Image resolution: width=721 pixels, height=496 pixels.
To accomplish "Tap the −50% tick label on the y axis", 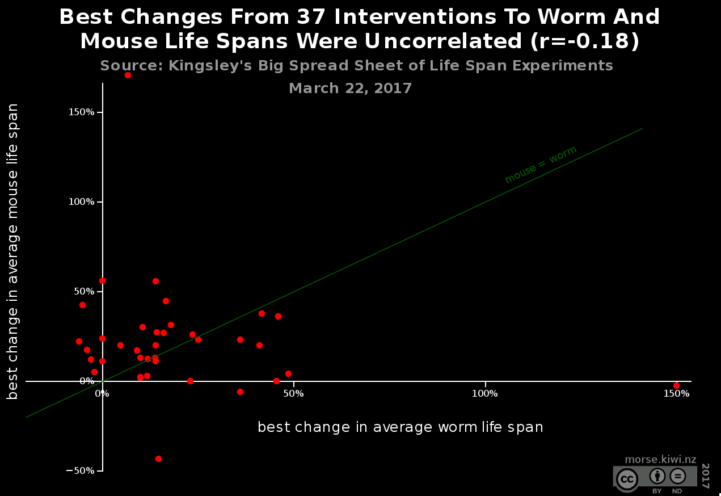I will click(81, 471).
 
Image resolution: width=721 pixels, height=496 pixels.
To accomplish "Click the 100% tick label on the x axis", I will click(486, 393).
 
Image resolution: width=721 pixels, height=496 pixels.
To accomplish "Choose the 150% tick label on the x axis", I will click(677, 393).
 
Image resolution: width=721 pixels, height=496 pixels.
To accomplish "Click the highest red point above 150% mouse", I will click(128, 75).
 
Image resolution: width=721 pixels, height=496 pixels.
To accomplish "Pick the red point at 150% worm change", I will click(676, 385).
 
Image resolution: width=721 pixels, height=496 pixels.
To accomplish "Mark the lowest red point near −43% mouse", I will click(158, 459).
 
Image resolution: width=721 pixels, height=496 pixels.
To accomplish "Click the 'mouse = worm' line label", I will click(541, 165).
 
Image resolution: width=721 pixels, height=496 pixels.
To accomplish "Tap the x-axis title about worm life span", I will click(400, 427).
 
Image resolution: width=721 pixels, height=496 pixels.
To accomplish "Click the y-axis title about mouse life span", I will click(13, 251).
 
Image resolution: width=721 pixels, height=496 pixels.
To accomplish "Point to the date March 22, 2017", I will click(350, 89).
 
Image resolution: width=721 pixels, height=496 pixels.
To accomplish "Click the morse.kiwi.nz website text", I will click(660, 460).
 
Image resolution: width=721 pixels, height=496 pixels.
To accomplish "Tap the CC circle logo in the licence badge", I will click(627, 480).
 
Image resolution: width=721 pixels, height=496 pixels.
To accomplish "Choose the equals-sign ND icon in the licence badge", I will click(677, 476).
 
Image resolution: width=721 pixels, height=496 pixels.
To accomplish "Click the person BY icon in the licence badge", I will click(657, 476).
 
